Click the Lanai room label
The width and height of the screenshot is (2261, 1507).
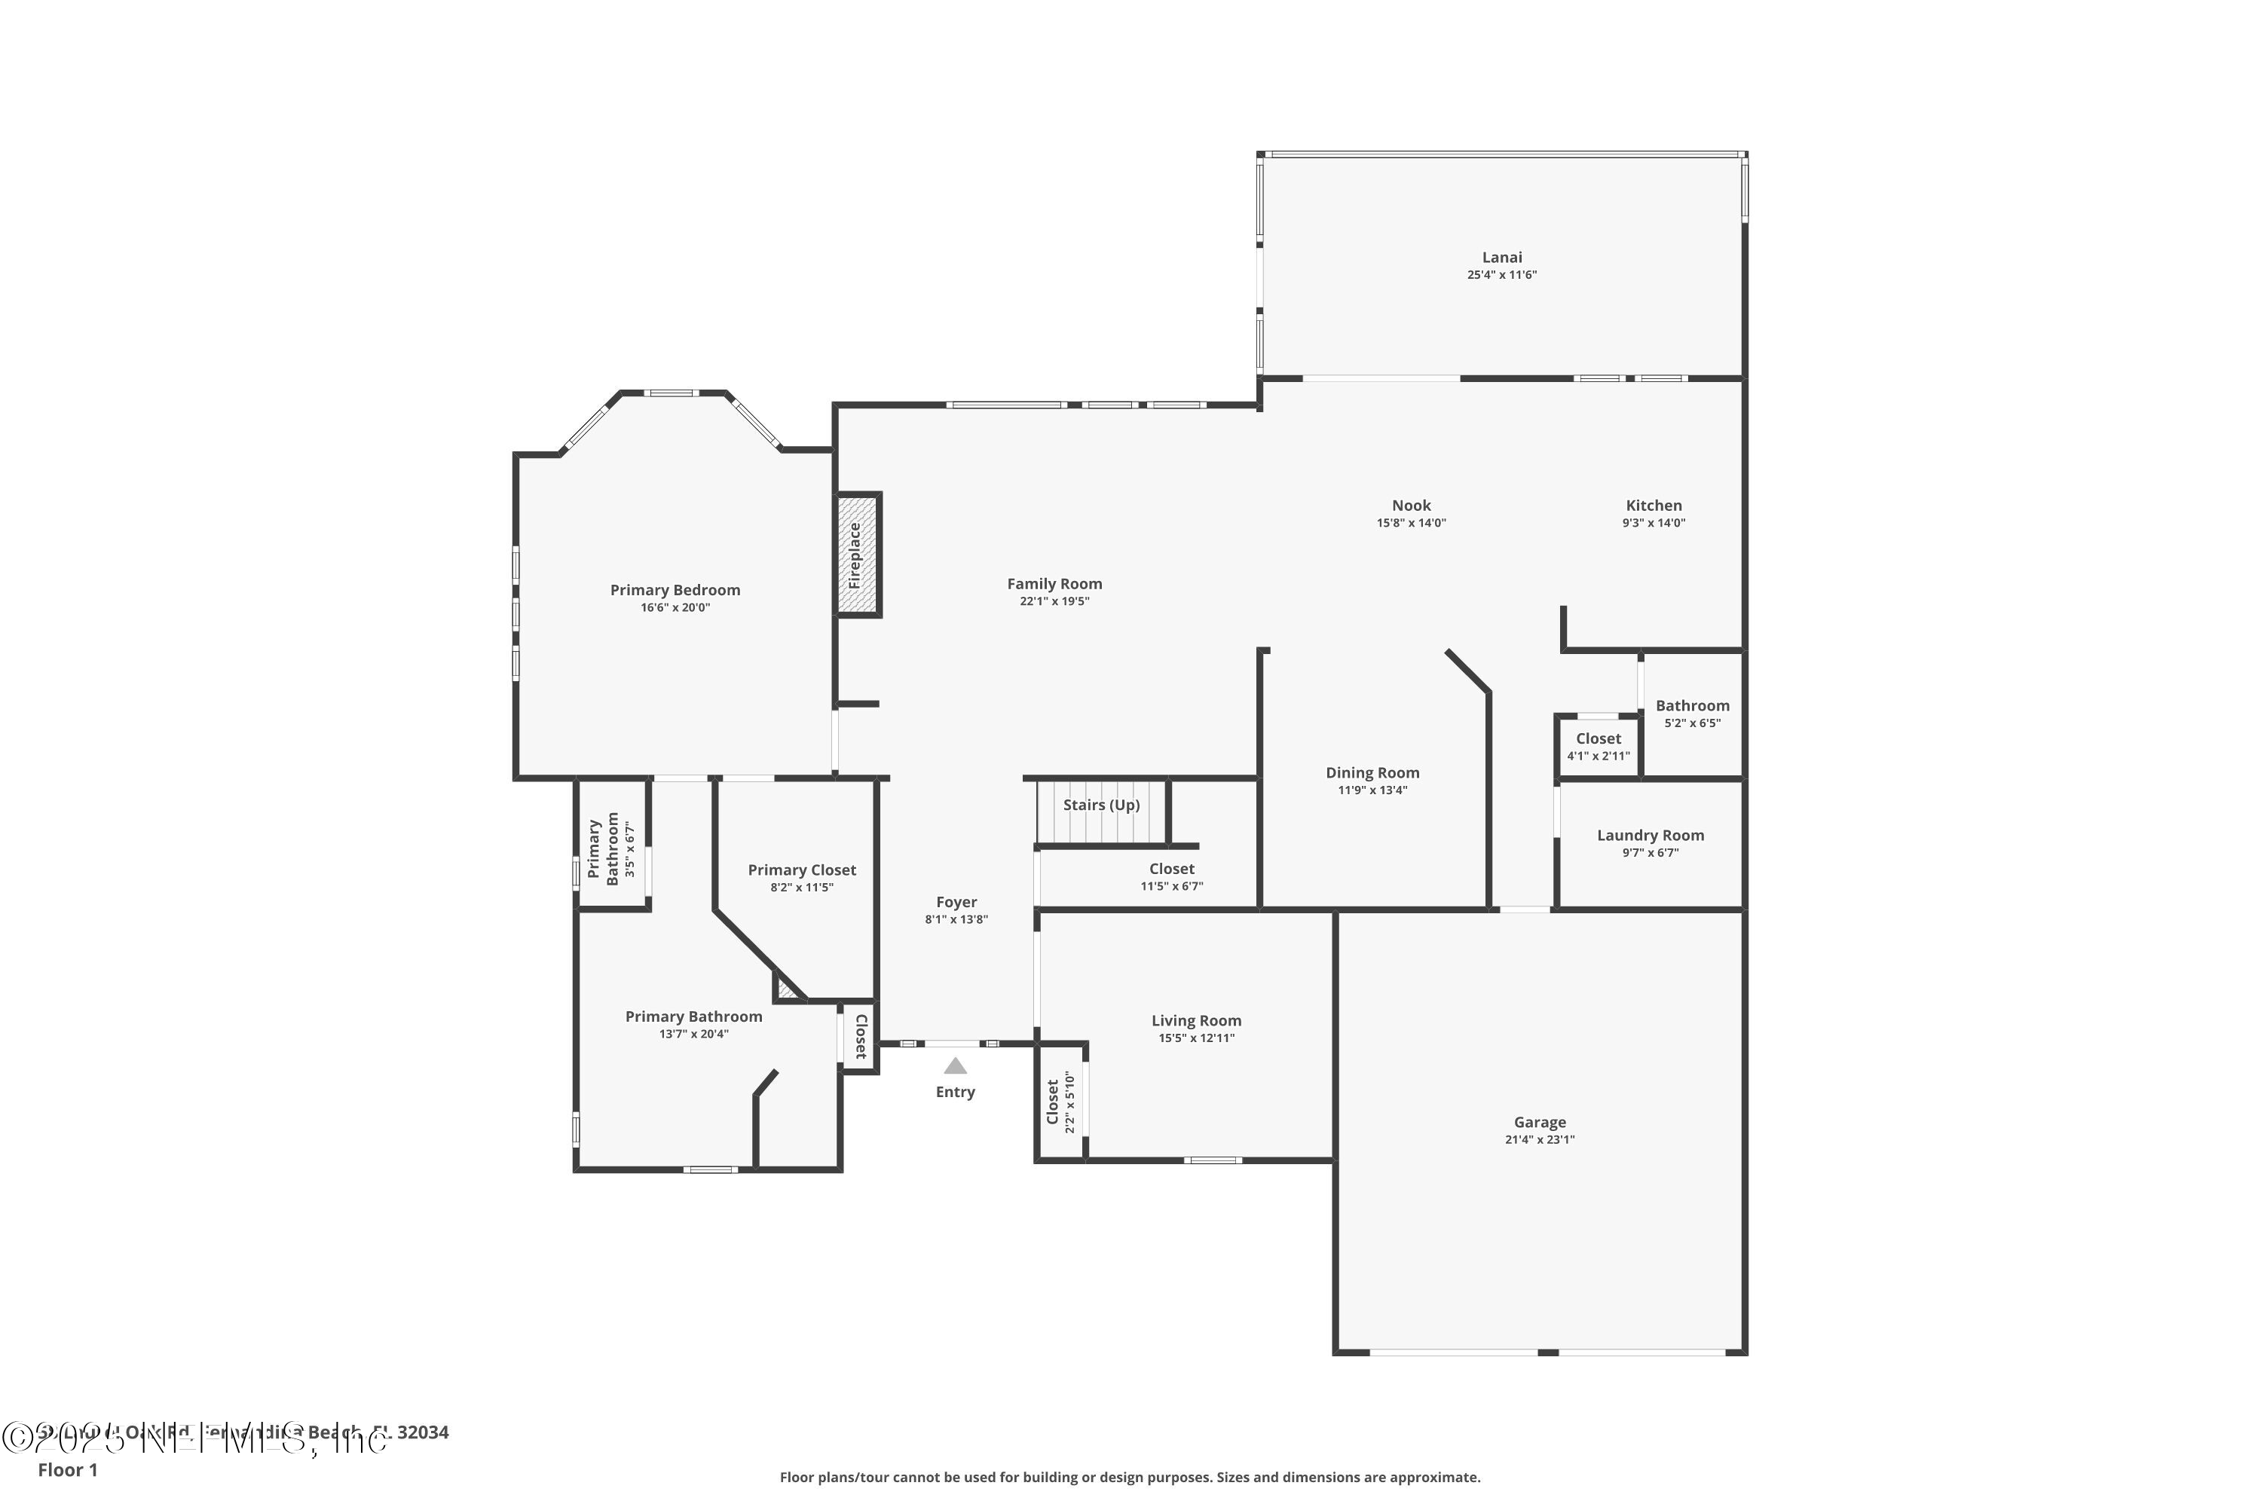tap(1501, 258)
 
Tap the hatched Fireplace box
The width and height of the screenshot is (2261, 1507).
tap(856, 555)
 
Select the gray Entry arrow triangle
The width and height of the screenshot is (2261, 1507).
tap(955, 1066)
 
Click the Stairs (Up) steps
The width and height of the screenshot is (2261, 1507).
tap(1100, 812)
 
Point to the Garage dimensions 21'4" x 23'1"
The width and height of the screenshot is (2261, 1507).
tap(1539, 1140)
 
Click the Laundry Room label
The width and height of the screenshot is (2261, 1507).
tap(1650, 835)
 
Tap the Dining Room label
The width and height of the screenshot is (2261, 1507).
tap(1372, 773)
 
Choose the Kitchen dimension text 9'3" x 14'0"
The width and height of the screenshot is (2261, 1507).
tap(1654, 523)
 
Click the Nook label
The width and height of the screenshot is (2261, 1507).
tap(1410, 506)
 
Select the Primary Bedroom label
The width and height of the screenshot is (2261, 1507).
tap(675, 590)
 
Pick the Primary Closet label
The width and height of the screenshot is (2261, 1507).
tap(802, 870)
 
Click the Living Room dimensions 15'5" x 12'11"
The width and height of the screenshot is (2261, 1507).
tap(1196, 1038)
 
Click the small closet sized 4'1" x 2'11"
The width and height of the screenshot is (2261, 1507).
tap(1598, 746)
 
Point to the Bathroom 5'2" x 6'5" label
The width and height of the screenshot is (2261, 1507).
tap(1692, 705)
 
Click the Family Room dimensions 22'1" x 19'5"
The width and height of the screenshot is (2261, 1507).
tap(1054, 601)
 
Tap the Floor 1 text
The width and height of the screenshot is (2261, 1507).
tap(67, 1469)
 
